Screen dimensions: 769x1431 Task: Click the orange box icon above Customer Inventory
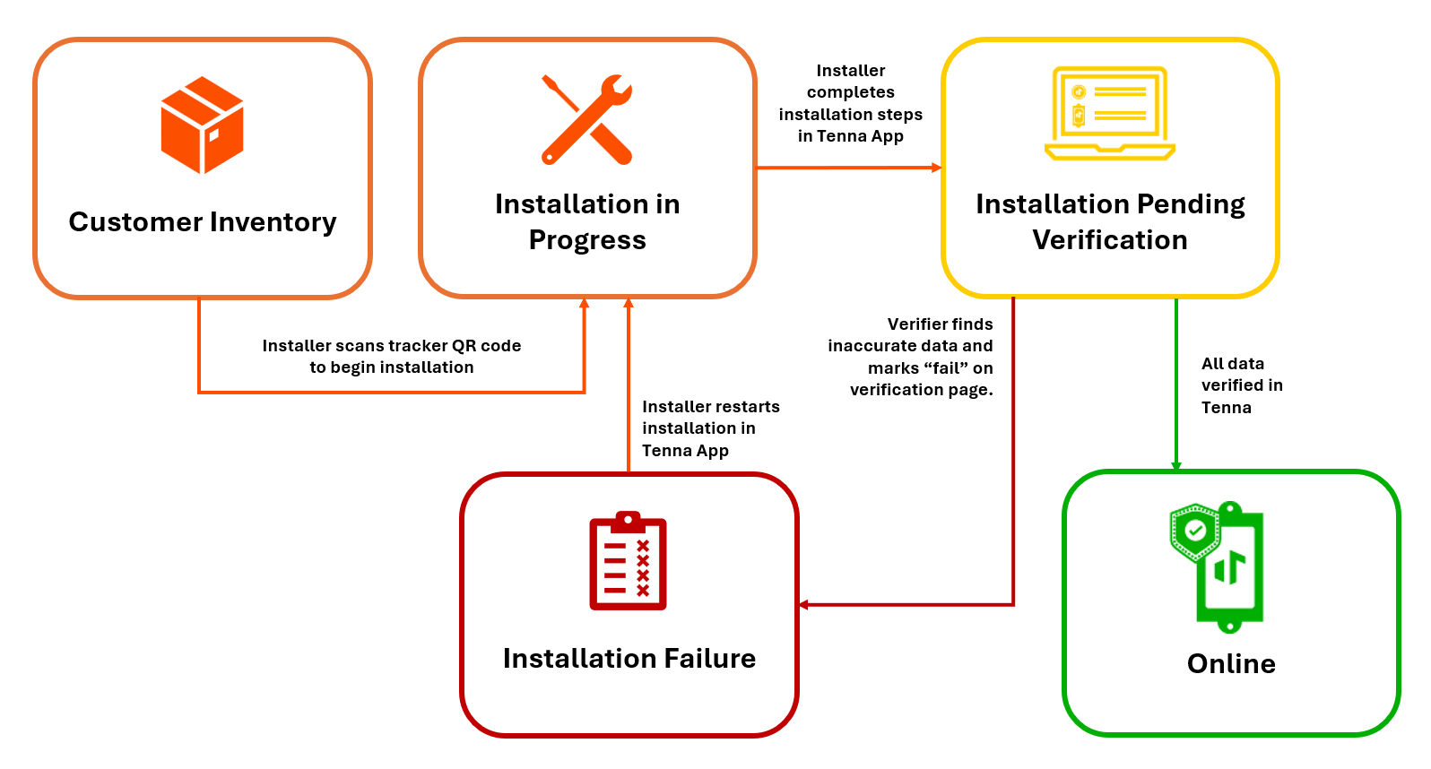tap(202, 125)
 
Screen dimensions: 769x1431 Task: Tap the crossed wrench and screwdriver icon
tap(587, 120)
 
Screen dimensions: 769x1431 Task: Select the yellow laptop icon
tap(1110, 114)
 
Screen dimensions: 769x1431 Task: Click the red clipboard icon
tap(628, 561)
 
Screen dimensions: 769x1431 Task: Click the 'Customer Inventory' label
tap(203, 222)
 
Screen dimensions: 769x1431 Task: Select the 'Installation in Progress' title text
tap(587, 222)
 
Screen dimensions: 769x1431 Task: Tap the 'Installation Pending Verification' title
tap(1110, 222)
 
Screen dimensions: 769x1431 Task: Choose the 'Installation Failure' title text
tap(629, 659)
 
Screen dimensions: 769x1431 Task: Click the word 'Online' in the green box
tap(1231, 664)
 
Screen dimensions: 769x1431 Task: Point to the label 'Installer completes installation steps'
tap(850, 103)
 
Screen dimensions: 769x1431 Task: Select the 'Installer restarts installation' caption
tap(710, 428)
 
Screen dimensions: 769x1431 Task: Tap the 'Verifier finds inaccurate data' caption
tap(911, 357)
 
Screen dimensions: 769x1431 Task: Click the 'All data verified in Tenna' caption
tap(1241, 385)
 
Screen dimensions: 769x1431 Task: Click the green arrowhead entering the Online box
tap(1176, 465)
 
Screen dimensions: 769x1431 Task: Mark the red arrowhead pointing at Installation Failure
tap(804, 605)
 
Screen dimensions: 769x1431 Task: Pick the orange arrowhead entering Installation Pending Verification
tap(936, 168)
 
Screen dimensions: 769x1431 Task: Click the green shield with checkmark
tap(1194, 531)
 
